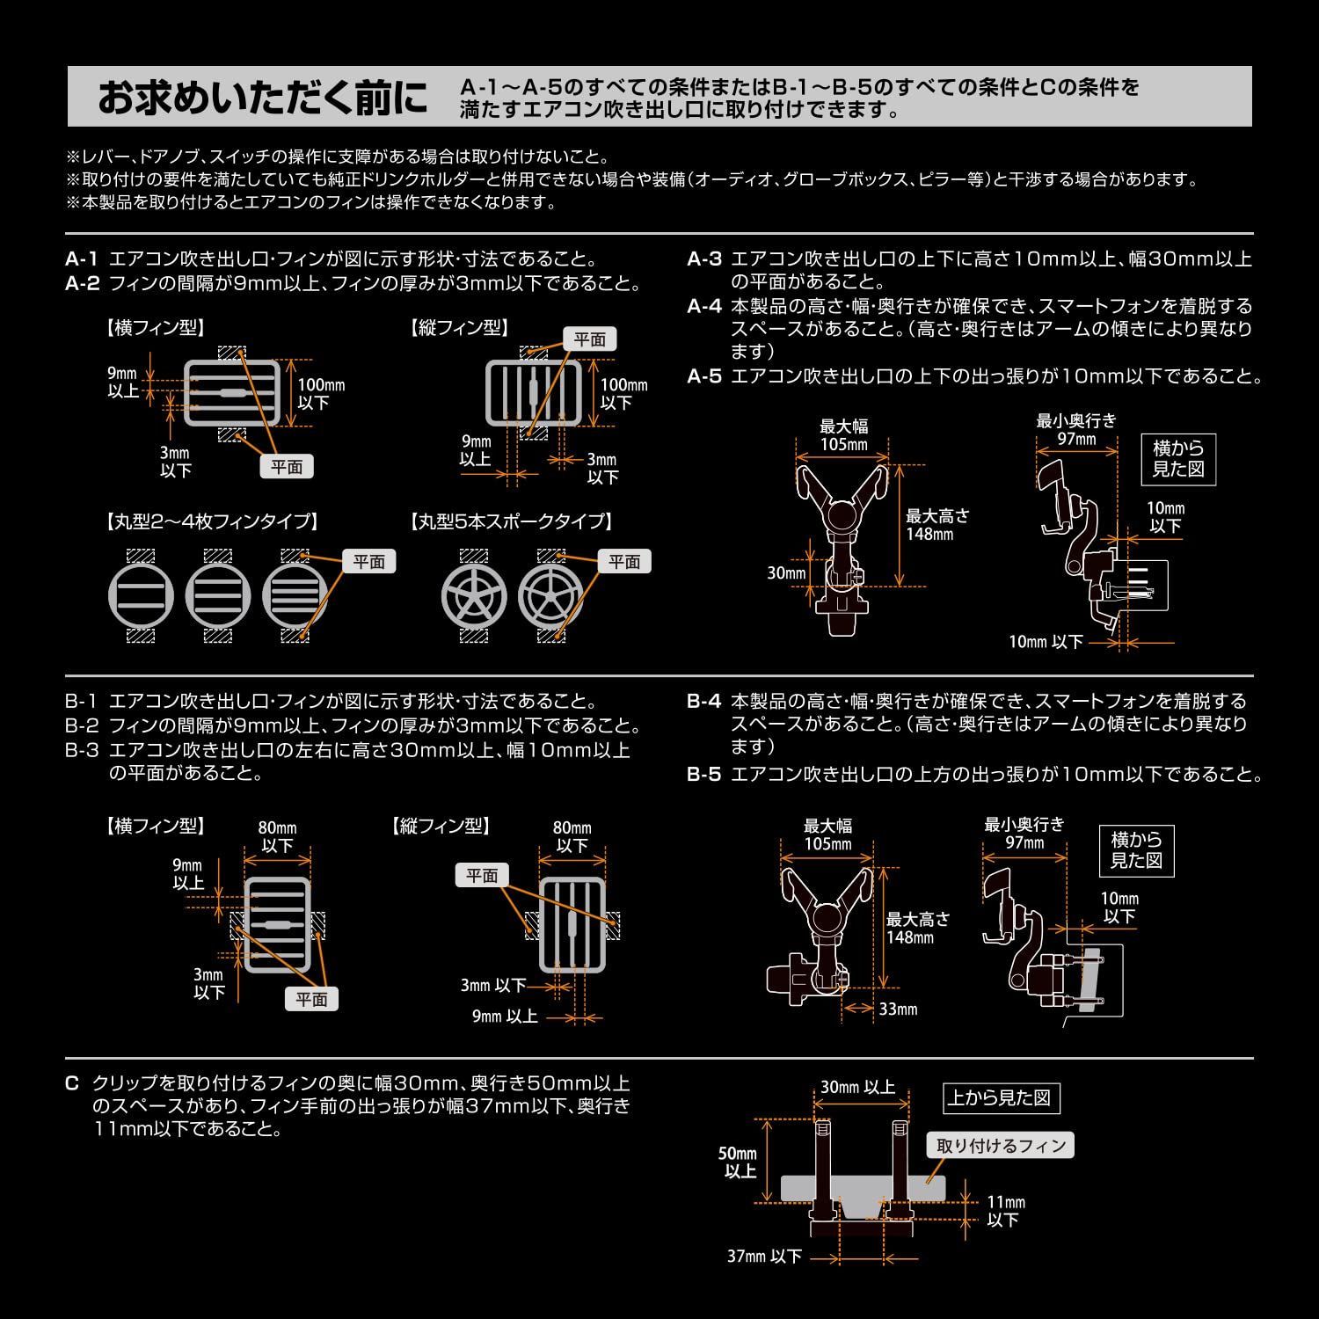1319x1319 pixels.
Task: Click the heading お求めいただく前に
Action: point(262,98)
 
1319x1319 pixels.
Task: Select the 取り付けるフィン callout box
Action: point(1001,1146)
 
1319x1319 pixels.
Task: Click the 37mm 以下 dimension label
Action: point(764,1257)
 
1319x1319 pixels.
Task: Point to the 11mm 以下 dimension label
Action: point(1004,1211)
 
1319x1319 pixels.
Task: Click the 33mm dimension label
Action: point(898,1009)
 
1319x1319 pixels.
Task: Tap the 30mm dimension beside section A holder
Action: point(786,572)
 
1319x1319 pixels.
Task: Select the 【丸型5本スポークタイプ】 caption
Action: point(512,521)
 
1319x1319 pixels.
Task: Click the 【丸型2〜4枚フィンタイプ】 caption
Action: point(211,521)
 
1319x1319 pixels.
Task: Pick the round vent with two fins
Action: point(141,596)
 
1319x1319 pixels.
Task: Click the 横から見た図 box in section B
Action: point(1136,849)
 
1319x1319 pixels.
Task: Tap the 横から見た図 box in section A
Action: point(1178,458)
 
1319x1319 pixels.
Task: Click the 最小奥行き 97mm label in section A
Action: point(1076,430)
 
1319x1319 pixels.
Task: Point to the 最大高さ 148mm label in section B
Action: point(917,928)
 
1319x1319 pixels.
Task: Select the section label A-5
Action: point(703,376)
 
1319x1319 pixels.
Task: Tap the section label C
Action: point(72,1083)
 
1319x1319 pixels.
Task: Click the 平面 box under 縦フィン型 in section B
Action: point(482,875)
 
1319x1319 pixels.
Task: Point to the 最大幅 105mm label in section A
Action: point(843,435)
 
